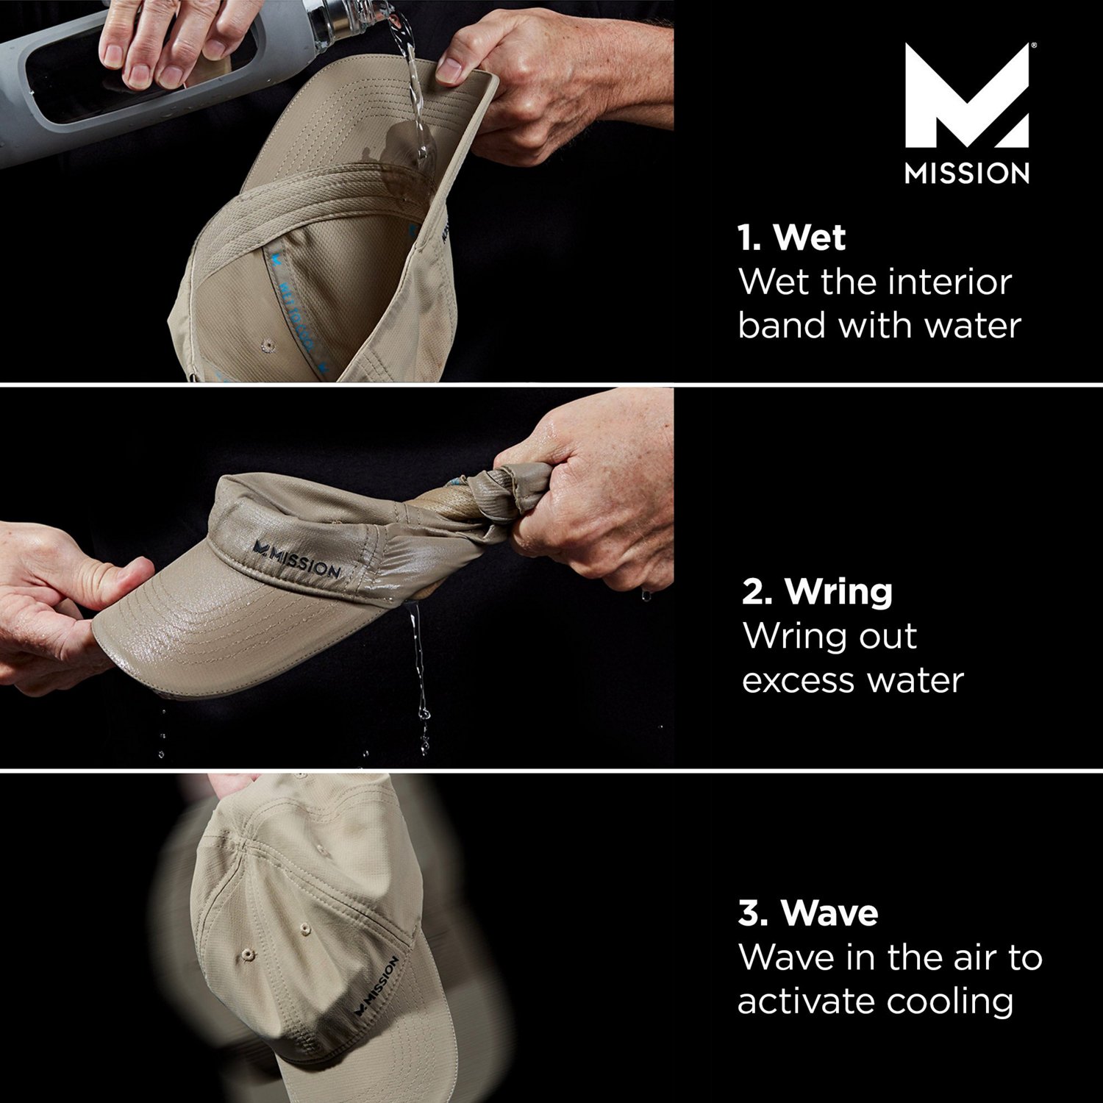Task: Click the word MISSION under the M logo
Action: [x=966, y=174]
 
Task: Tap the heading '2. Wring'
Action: [x=817, y=591]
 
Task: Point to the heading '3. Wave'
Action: [x=808, y=913]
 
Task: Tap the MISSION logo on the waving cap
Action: [x=376, y=986]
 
